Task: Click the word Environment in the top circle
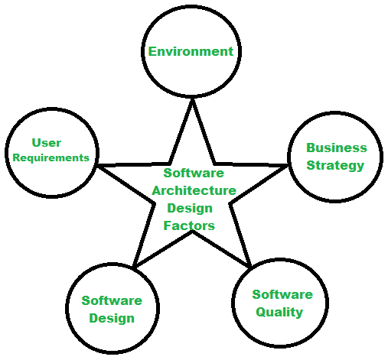click(x=191, y=52)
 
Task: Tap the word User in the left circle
click(x=47, y=143)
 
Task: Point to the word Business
click(x=337, y=148)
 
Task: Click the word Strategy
click(x=335, y=165)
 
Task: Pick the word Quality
click(x=279, y=311)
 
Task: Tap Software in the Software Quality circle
click(x=282, y=294)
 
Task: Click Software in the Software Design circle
click(x=112, y=300)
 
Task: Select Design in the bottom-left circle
click(x=112, y=318)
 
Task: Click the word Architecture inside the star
click(x=194, y=190)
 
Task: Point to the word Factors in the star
click(x=189, y=225)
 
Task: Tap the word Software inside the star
click(x=193, y=173)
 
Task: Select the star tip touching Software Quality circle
click(x=249, y=267)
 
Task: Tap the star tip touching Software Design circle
click(x=134, y=267)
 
